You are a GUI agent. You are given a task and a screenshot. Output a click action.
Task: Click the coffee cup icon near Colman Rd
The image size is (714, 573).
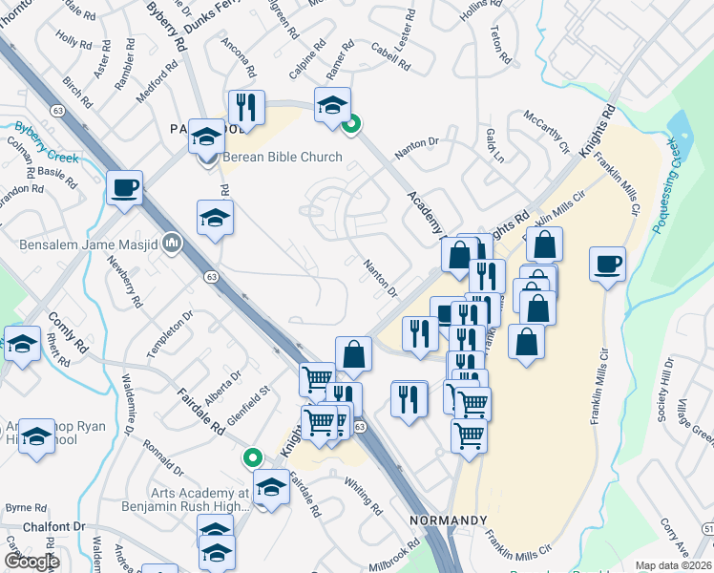pos(124,187)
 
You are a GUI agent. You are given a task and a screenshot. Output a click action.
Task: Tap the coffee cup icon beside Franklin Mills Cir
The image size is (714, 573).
pos(607,263)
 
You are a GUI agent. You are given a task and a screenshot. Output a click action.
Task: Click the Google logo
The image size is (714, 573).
pos(31,562)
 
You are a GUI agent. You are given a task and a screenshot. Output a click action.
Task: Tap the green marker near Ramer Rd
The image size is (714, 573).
pos(351,123)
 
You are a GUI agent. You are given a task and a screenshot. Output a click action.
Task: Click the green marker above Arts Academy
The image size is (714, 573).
pos(253,458)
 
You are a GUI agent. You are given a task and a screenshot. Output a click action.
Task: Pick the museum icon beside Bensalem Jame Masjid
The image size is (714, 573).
pos(172,244)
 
